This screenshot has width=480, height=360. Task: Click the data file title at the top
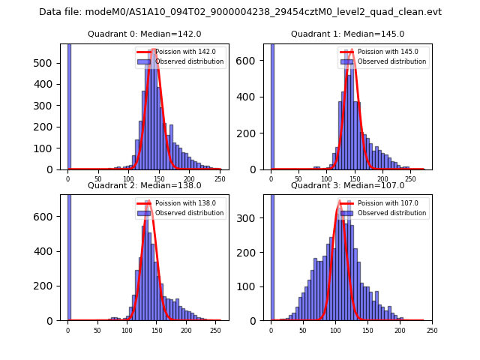240,12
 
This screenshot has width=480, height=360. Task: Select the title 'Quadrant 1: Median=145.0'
347,34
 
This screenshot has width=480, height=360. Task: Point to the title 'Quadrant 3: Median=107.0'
347,185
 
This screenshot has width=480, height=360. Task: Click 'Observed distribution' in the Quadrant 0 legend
189,61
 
